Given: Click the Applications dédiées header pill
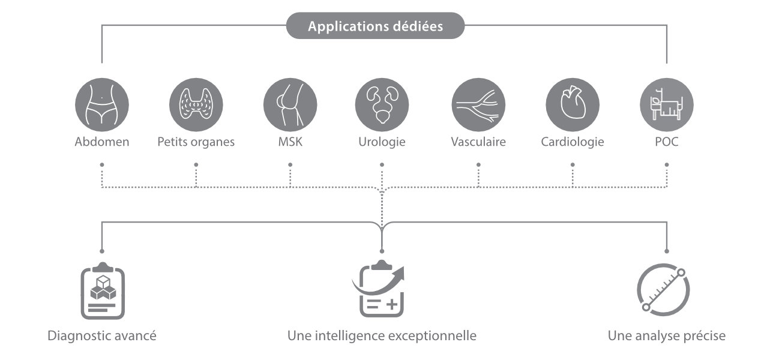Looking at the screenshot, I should (375, 26).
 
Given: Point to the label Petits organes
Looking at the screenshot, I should (196, 142).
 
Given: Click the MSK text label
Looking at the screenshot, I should (290, 142).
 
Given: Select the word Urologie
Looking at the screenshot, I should (382, 142).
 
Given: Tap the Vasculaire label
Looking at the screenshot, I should (478, 142).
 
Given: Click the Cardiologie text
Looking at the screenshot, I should (572, 142).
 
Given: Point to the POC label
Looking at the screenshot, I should (667, 142).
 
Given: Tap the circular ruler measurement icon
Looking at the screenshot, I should (663, 290).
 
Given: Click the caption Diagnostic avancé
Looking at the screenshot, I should (102, 335).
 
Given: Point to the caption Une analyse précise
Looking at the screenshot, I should (666, 335).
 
